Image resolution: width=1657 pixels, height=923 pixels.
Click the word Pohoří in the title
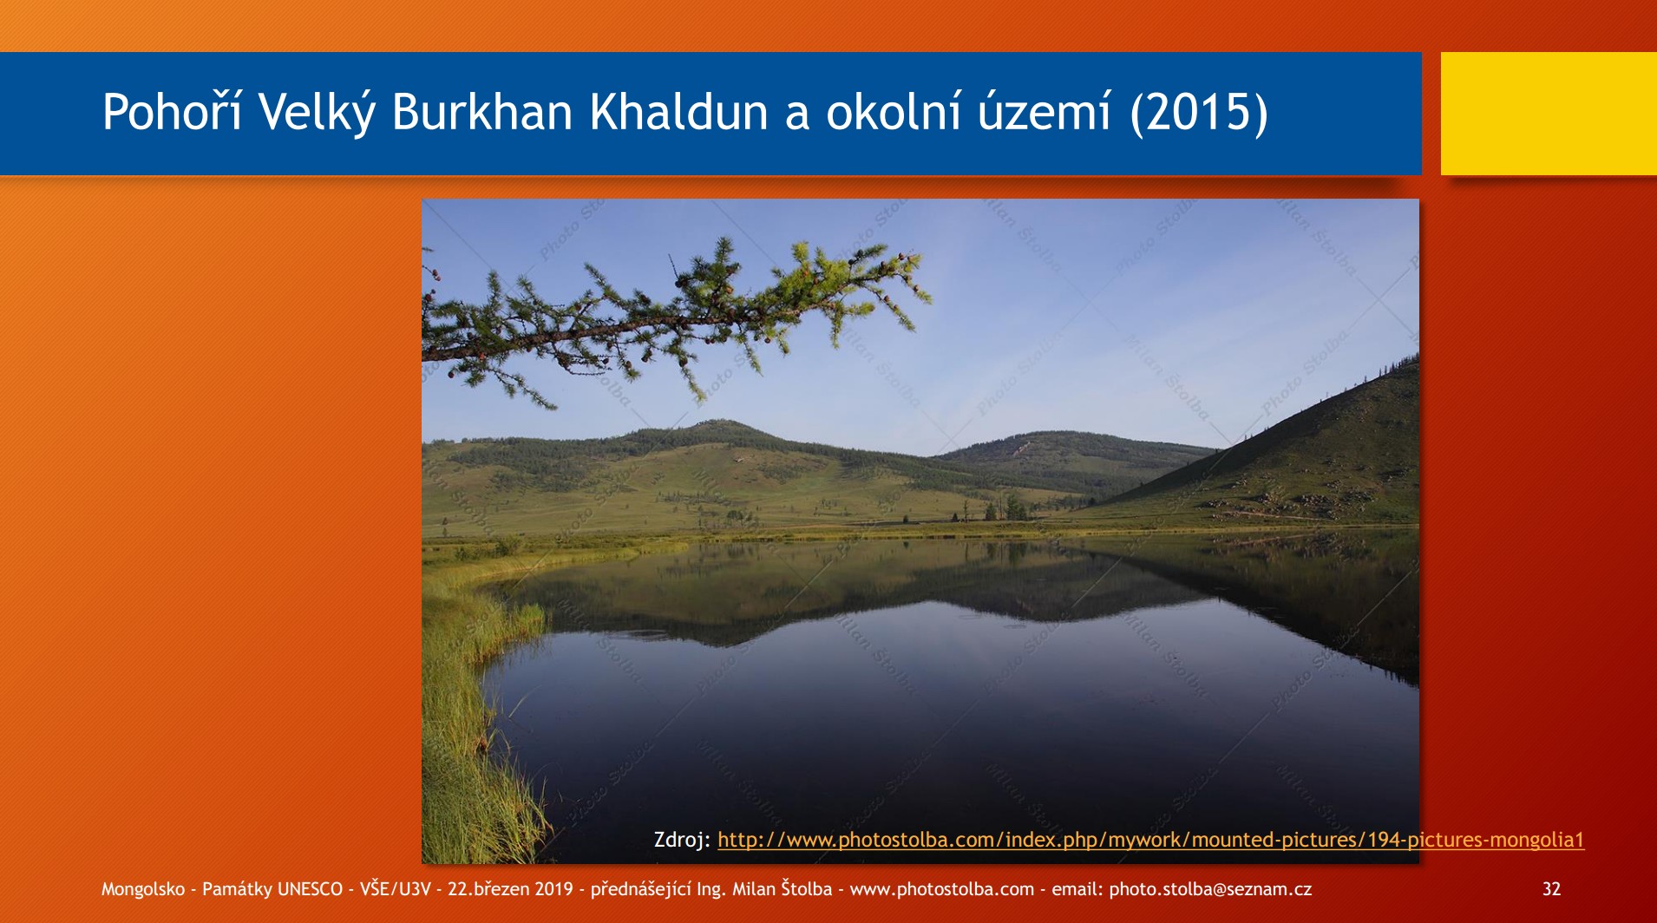click(x=172, y=112)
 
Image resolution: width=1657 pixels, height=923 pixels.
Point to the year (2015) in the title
click(x=1199, y=112)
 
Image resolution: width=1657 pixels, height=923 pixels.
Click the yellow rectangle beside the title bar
click(x=1549, y=114)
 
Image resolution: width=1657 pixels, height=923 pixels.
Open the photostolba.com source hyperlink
click(x=1150, y=840)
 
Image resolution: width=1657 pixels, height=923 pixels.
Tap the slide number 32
click(x=1551, y=889)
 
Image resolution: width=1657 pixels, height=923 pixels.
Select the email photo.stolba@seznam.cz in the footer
click(x=1210, y=889)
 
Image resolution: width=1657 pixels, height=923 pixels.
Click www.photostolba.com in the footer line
click(x=942, y=889)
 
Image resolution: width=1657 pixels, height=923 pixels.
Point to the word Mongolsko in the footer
click(x=143, y=889)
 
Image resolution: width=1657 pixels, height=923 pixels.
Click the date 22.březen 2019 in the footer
click(x=510, y=889)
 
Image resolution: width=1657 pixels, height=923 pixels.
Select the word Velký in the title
click(x=317, y=112)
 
